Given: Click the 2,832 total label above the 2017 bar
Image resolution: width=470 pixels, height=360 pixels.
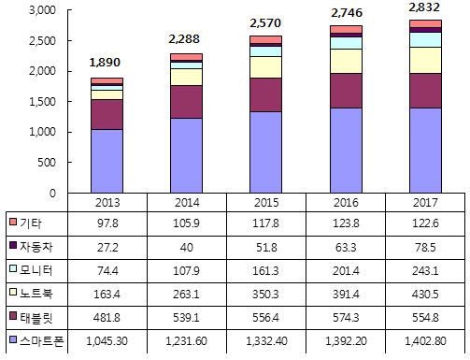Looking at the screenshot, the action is (x=424, y=7).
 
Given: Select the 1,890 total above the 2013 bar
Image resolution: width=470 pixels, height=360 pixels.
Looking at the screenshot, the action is (x=105, y=63).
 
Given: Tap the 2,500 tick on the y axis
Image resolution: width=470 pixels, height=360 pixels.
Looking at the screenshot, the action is (x=42, y=41).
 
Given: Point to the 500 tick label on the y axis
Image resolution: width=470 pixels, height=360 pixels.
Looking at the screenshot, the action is (x=47, y=163).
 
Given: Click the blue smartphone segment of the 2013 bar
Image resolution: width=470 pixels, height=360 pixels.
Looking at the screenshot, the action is (x=107, y=161).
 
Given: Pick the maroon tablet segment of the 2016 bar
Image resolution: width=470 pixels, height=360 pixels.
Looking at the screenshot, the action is (x=346, y=91).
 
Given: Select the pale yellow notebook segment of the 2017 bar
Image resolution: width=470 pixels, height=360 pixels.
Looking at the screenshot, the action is (x=425, y=61).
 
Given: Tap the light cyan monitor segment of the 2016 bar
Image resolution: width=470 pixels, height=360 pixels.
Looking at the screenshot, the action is (x=346, y=43).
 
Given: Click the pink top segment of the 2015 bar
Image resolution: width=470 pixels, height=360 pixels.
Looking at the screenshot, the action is (x=265, y=39).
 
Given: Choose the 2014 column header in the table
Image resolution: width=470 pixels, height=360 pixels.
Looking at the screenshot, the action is (x=187, y=203).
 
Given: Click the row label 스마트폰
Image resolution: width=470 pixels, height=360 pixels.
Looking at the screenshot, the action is (x=41, y=341).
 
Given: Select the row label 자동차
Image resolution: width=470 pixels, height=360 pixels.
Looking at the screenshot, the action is (x=36, y=247).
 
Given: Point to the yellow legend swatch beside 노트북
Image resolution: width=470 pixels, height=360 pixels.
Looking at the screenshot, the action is (x=13, y=292).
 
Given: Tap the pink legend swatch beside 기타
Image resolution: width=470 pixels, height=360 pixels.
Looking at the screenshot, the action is (x=13, y=222).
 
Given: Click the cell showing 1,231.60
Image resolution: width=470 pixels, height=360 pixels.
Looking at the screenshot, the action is (x=186, y=341).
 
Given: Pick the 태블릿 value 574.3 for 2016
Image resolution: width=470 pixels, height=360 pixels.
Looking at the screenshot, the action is (x=346, y=318).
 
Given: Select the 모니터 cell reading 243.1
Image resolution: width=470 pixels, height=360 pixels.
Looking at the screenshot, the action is (x=425, y=270).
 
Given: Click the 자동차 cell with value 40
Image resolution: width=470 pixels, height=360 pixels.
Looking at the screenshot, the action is (x=187, y=247).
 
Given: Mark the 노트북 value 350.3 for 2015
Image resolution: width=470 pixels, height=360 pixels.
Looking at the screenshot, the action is (x=265, y=294).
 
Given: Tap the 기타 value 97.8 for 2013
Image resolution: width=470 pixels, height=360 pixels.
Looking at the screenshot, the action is (x=107, y=223).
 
